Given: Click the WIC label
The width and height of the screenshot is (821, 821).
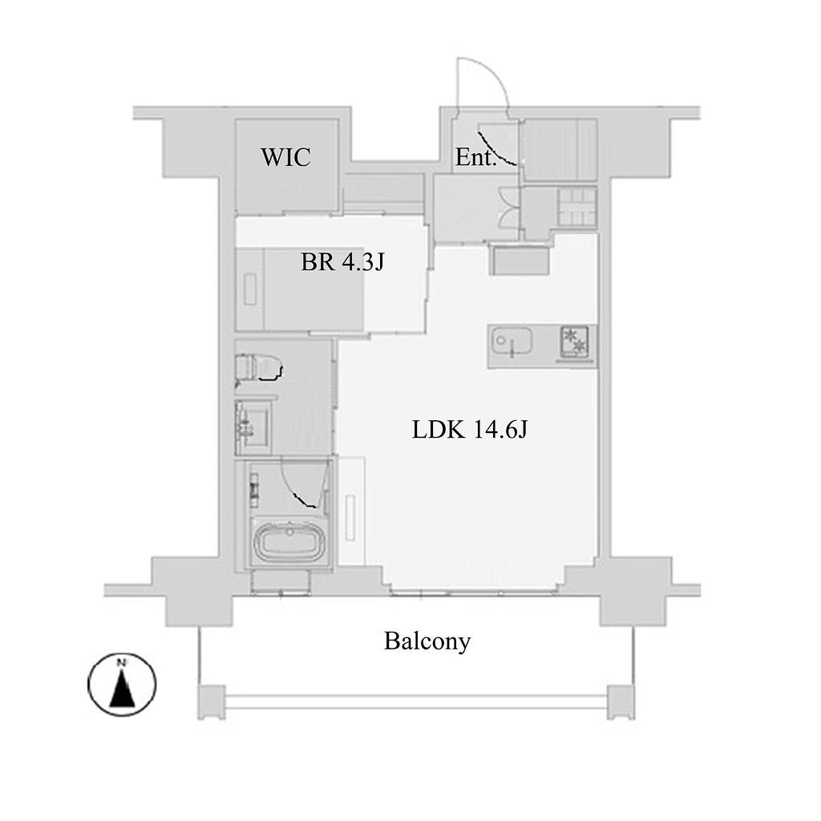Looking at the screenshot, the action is (x=286, y=157).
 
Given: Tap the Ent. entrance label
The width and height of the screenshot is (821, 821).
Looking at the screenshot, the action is (x=475, y=157).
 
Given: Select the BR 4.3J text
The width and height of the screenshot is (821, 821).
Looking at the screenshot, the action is (x=342, y=262).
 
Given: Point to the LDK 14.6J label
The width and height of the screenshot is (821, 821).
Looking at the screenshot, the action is (x=470, y=430).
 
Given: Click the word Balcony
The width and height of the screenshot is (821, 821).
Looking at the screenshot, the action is (x=427, y=641).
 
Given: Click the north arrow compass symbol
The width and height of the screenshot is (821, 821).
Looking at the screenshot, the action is (x=122, y=685).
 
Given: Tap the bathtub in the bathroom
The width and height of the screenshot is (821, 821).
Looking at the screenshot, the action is (x=289, y=542).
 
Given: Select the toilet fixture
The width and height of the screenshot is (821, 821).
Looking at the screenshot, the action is (x=258, y=366).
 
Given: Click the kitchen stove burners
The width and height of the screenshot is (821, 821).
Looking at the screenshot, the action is (x=574, y=342).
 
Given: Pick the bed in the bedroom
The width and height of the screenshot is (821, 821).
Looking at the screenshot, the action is (x=300, y=289).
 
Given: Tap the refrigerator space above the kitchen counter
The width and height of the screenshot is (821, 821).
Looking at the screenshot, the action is (x=520, y=261).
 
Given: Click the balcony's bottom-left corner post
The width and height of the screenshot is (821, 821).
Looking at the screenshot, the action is (x=212, y=702).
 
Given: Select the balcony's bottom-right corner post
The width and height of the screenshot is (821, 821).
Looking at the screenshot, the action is (x=621, y=702).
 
